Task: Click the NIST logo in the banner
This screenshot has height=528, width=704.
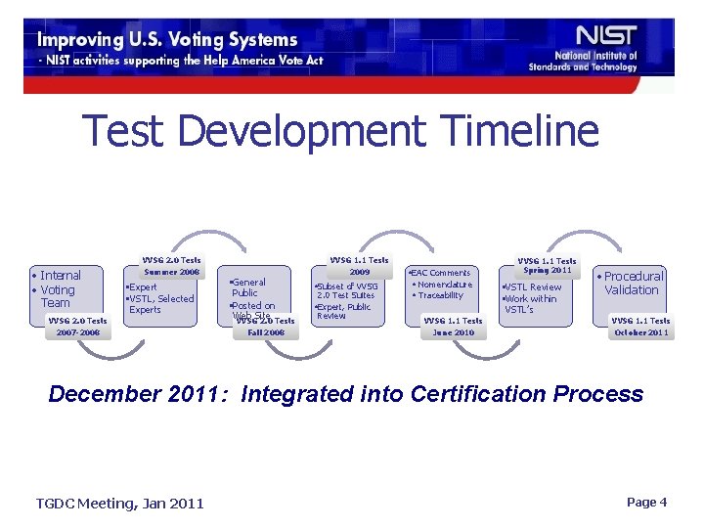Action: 606,37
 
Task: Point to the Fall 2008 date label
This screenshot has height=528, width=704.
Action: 266,332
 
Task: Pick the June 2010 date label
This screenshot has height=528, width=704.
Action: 453,332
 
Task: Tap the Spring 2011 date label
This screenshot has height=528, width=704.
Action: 548,270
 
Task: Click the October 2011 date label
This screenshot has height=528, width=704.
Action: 640,332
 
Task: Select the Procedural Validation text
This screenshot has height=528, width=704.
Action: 633,283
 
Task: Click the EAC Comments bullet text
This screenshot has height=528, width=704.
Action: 440,273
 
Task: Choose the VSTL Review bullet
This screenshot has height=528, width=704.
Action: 532,287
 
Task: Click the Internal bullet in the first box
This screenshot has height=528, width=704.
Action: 59,276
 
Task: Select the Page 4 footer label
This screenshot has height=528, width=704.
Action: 646,502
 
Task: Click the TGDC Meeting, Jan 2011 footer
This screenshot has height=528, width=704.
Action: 120,503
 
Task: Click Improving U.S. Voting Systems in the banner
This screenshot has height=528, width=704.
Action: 167,40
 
